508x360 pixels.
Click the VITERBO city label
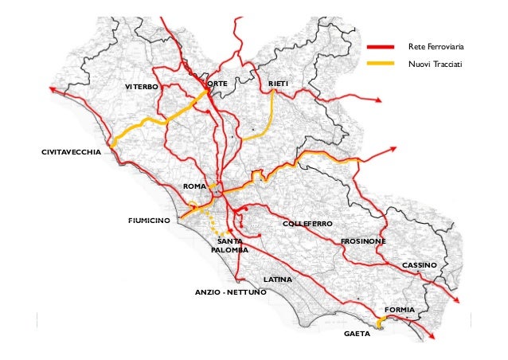(143, 85)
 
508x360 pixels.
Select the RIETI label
(278, 84)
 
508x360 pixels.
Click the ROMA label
(194, 186)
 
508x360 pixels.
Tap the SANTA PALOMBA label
(229, 245)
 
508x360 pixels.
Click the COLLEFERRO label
(307, 225)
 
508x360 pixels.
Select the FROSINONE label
(363, 241)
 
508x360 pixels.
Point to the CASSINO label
(419, 264)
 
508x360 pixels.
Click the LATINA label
(278, 280)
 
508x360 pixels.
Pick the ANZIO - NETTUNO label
(231, 293)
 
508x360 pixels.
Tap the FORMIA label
(399, 308)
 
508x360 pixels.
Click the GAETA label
(357, 335)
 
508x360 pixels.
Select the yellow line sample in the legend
(381, 63)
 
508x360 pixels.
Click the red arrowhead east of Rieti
(379, 100)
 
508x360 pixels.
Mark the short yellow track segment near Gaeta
(381, 321)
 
